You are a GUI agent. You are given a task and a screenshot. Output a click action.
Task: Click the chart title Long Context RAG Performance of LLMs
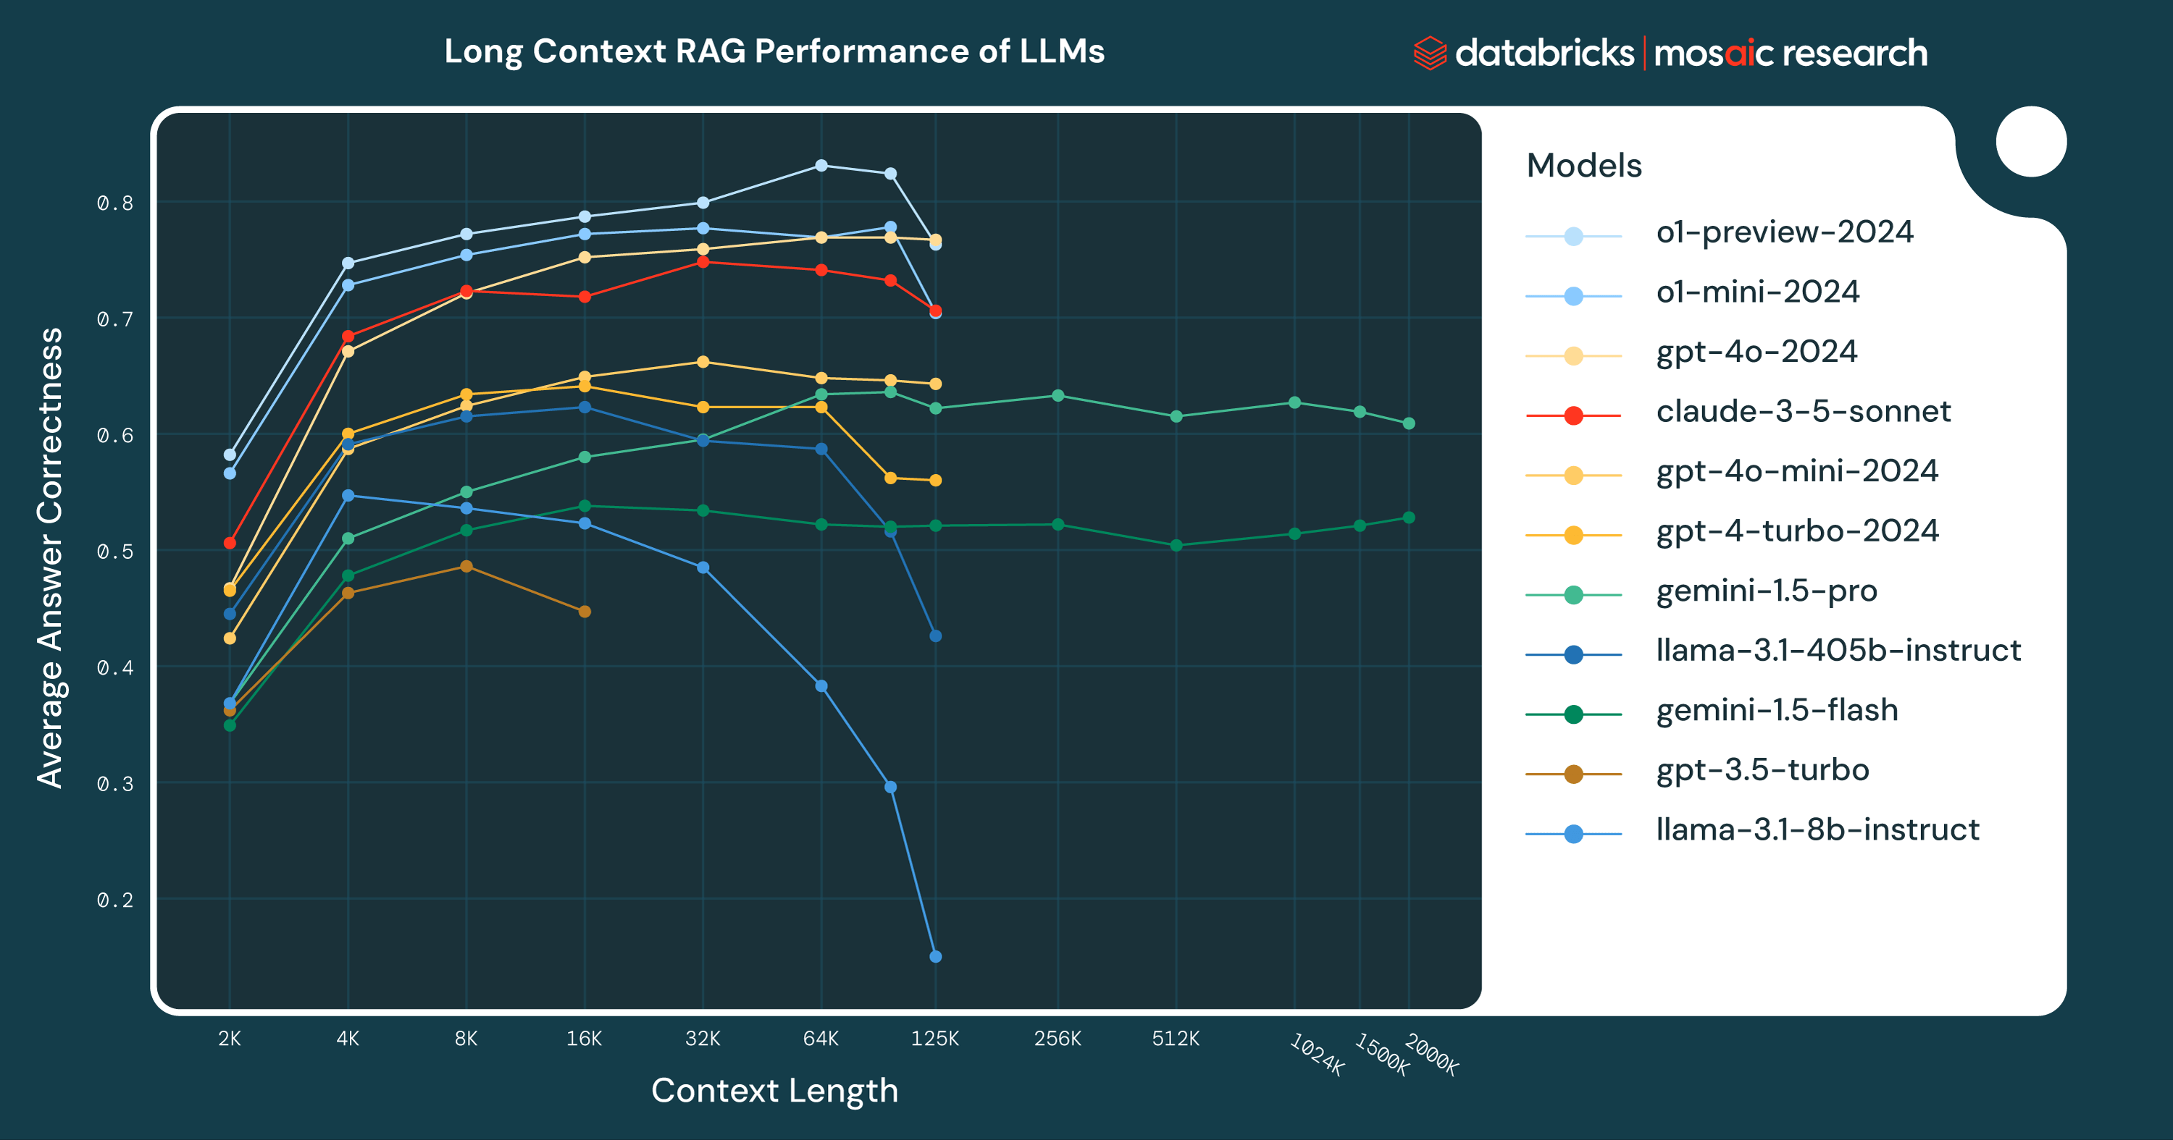[774, 51]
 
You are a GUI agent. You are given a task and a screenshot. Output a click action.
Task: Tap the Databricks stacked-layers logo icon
[1429, 53]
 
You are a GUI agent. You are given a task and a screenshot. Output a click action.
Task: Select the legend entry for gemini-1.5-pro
[1766, 592]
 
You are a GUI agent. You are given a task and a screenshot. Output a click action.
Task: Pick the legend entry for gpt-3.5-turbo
[1762, 771]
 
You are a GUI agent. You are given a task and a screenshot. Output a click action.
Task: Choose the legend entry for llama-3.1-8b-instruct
[1817, 830]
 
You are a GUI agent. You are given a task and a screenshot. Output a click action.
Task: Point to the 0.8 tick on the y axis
[114, 203]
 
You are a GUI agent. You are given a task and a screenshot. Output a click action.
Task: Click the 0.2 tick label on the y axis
[114, 900]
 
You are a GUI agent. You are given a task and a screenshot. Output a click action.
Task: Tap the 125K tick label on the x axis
[934, 1039]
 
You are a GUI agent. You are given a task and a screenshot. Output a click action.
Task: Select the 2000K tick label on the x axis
[1431, 1055]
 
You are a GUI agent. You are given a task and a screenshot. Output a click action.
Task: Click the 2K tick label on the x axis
[230, 1039]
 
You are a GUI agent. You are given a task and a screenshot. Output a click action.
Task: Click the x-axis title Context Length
[774, 1091]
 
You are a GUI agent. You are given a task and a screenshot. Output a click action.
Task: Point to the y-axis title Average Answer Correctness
[51, 557]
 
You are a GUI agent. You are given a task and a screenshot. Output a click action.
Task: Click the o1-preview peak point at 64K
[821, 166]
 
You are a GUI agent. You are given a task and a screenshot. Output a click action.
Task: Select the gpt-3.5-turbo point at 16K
[585, 612]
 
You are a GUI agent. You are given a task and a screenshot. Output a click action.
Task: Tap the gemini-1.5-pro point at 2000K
[1409, 424]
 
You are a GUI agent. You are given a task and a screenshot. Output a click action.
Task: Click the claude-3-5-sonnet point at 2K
[230, 543]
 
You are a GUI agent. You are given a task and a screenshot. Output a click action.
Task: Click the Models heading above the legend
[1583, 166]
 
